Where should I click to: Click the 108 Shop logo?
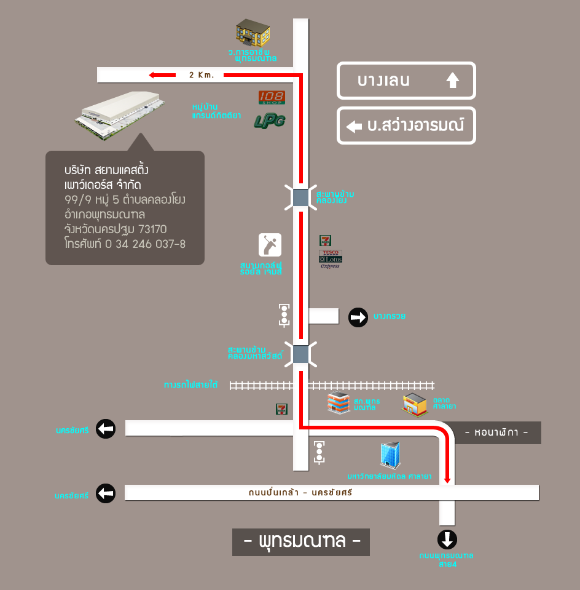[271, 97]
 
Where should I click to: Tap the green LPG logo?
[270, 121]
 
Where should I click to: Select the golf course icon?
[270, 245]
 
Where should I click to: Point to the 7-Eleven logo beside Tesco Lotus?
[325, 241]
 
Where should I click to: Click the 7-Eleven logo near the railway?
[281, 409]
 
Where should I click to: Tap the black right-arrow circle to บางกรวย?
[358, 317]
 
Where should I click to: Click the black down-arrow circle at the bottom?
[447, 540]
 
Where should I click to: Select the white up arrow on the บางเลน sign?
[452, 81]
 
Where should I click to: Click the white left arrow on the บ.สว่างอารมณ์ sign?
[354, 127]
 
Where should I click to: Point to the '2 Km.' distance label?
[201, 75]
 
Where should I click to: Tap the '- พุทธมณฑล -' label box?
[301, 542]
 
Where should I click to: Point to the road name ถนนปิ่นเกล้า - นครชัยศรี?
[300, 493]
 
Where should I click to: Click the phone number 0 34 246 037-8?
[145, 244]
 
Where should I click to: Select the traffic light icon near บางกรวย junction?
[284, 314]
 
